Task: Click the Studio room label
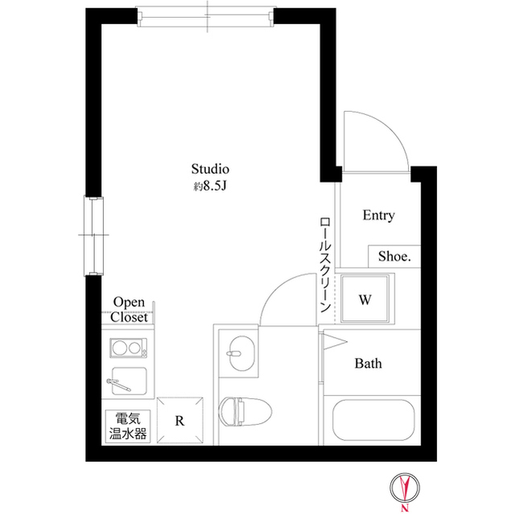211,169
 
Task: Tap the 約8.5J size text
211,187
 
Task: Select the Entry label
378,216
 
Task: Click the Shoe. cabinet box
394,257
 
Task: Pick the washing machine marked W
365,300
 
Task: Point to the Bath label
369,364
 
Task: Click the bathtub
375,422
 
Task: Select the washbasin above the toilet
240,353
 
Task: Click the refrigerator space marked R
180,420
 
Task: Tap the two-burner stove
129,348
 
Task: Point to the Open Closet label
129,309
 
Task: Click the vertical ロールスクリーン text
325,263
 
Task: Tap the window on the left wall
97,236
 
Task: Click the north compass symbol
406,488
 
